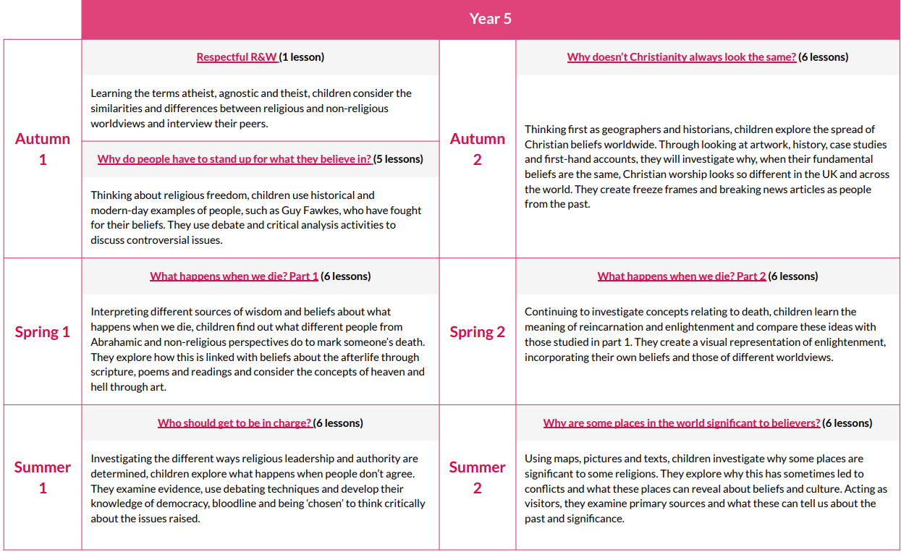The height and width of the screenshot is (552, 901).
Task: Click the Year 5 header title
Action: [x=490, y=19]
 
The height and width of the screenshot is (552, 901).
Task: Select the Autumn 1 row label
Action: [x=43, y=148]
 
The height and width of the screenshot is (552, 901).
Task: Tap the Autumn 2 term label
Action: [x=477, y=148]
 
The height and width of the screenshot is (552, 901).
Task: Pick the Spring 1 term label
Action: [x=43, y=332]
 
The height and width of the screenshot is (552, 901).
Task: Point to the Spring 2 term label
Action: [x=477, y=332]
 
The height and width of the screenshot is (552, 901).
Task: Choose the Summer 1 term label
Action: [x=43, y=477]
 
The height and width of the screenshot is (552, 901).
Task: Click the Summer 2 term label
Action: [x=477, y=477]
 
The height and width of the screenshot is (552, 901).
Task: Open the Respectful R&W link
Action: [x=237, y=57]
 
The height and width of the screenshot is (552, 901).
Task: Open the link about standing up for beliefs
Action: [x=234, y=159]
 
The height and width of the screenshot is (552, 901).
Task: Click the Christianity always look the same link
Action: [x=681, y=57]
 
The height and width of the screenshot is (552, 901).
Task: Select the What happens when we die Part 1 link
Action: [x=234, y=276]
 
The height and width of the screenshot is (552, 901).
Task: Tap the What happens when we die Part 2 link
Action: [x=681, y=276]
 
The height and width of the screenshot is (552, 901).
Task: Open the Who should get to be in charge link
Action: [x=234, y=423]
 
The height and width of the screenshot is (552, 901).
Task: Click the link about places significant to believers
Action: [x=681, y=423]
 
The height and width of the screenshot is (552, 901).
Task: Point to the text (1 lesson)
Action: [x=303, y=57]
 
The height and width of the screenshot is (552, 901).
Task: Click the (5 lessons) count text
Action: [x=399, y=159]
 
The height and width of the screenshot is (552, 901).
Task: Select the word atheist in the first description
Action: [x=210, y=93]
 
